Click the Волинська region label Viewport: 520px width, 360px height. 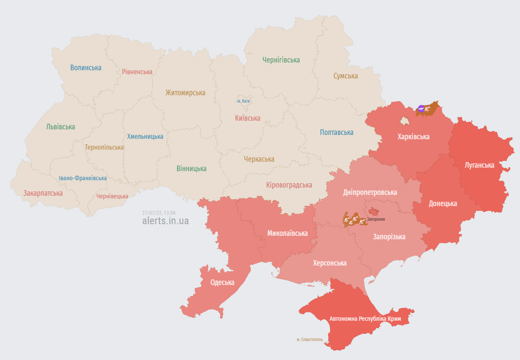86,68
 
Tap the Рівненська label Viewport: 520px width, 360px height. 137,72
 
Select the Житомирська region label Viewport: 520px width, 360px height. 185,93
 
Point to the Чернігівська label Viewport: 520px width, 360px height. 281,60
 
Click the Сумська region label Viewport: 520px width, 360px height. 345,76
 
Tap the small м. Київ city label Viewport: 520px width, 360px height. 244,101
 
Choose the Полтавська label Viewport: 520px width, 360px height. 337,132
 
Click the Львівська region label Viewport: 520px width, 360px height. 60,127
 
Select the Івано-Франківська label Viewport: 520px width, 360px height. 83,178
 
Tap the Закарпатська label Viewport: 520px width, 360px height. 43,193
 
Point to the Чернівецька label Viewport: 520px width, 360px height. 112,196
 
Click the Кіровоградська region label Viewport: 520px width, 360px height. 289,185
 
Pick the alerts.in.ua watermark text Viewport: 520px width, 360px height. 165,221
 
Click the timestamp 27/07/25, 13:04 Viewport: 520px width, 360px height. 158,213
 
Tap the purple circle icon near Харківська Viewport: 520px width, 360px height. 421,108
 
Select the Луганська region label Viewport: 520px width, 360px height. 479,165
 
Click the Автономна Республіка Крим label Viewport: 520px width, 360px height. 365,319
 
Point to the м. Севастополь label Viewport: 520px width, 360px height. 309,340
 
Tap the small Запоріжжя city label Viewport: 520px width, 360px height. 376,219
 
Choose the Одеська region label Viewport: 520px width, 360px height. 222,282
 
